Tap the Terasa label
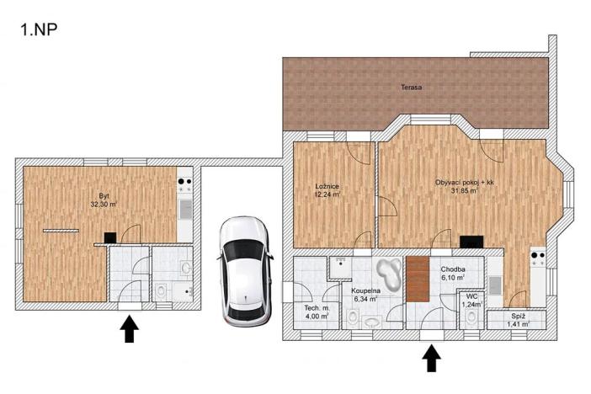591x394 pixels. (411, 87)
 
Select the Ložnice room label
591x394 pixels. (327, 186)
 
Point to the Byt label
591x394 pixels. (104, 195)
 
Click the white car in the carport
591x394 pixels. (245, 269)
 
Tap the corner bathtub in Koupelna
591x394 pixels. (389, 271)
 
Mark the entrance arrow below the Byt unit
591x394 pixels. (130, 328)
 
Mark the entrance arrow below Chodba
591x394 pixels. (431, 358)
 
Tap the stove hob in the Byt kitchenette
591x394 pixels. (185, 182)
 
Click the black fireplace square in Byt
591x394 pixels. (109, 238)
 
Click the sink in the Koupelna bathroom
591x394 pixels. (372, 321)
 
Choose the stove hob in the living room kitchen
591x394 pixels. (537, 253)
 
